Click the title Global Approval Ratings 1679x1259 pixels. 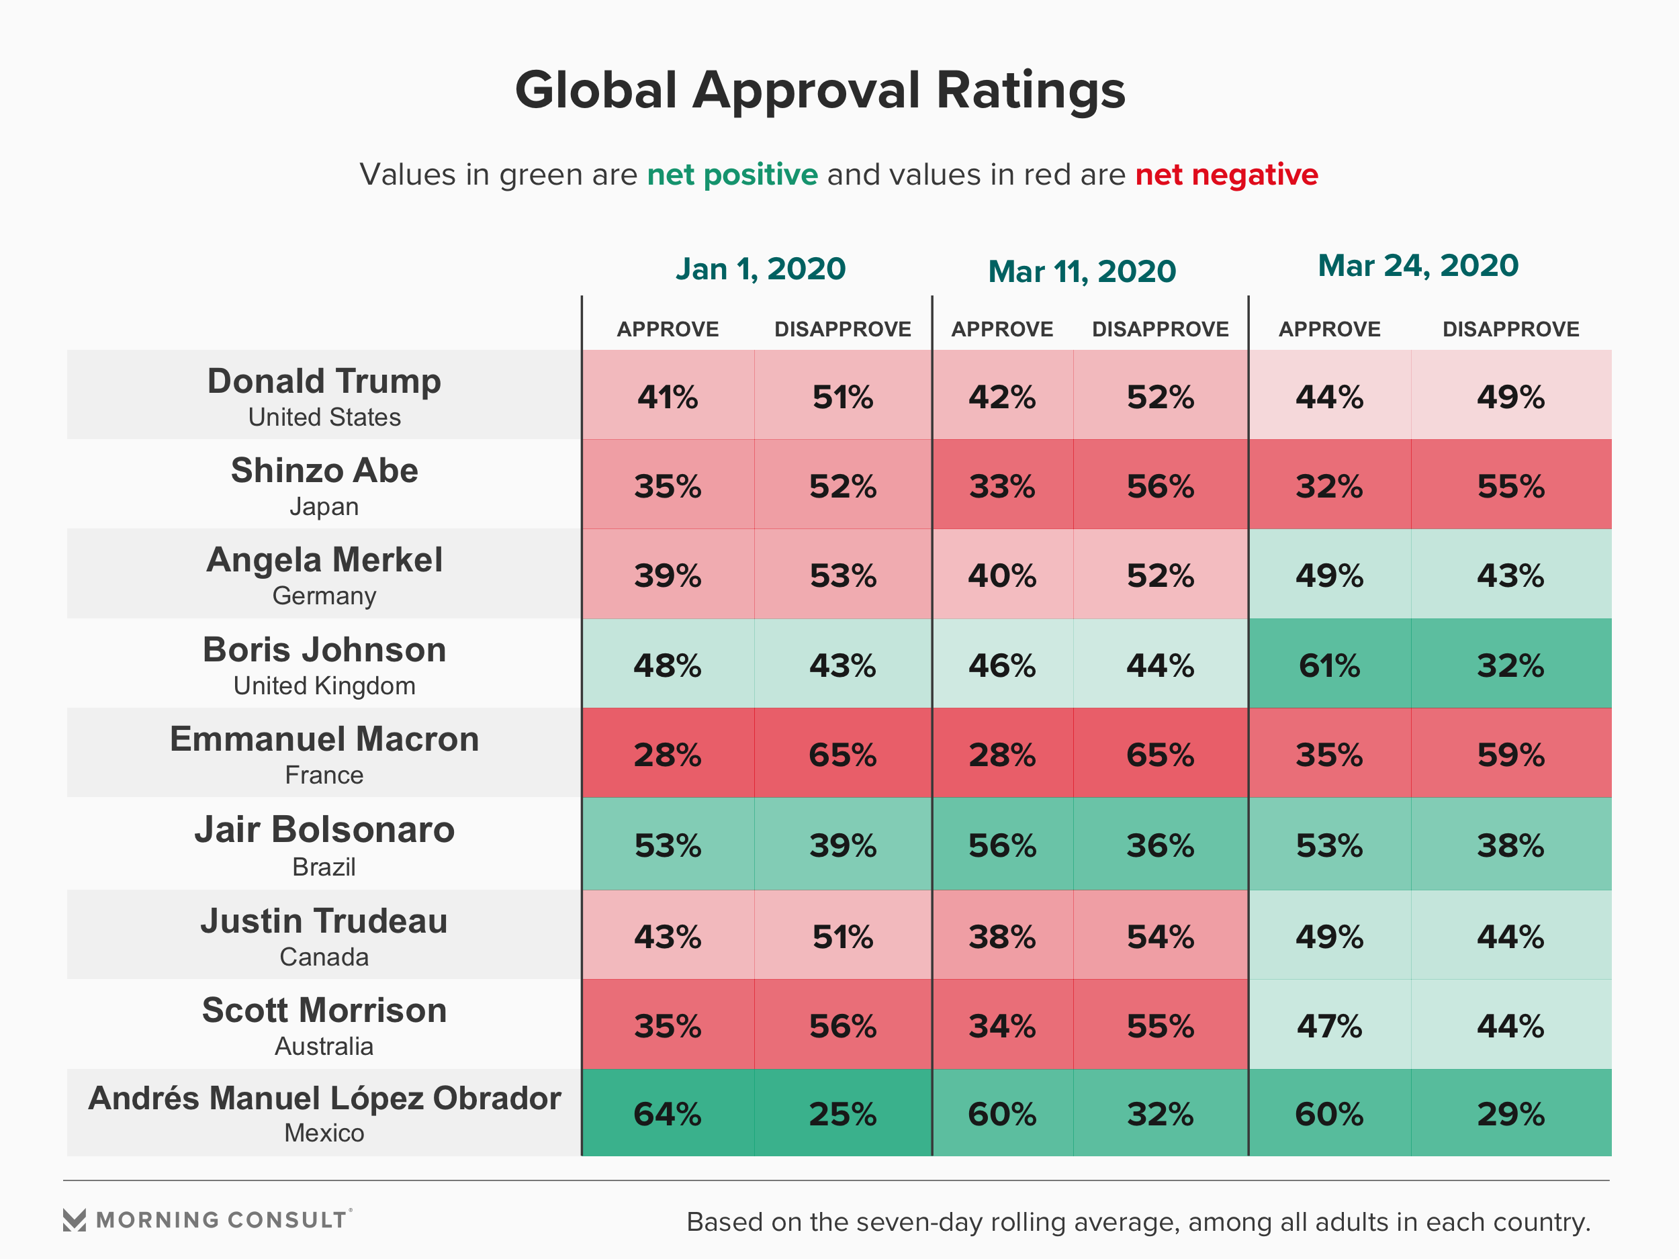(x=820, y=90)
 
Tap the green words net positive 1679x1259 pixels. (x=732, y=175)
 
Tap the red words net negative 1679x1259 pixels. (x=1226, y=175)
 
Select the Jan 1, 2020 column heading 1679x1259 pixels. (x=760, y=269)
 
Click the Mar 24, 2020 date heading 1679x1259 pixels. (x=1417, y=266)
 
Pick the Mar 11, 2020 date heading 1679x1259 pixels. (x=1082, y=271)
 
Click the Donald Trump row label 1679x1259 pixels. (x=324, y=381)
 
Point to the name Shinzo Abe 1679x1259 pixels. (x=324, y=471)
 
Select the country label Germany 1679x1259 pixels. (x=324, y=596)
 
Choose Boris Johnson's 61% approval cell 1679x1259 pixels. (x=1329, y=665)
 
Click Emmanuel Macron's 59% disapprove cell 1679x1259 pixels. (x=1510, y=754)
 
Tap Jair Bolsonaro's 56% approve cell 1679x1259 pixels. (x=1002, y=845)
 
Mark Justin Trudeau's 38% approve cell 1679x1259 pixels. (x=1002, y=937)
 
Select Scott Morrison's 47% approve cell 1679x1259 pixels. (x=1329, y=1026)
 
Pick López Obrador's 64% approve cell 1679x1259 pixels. (x=667, y=1114)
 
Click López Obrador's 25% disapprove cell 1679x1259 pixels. (x=843, y=1114)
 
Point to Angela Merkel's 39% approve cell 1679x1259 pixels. (x=667, y=576)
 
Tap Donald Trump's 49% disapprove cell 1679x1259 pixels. (x=1510, y=397)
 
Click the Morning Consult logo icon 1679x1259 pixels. (x=75, y=1219)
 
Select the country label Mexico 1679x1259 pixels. (x=324, y=1133)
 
